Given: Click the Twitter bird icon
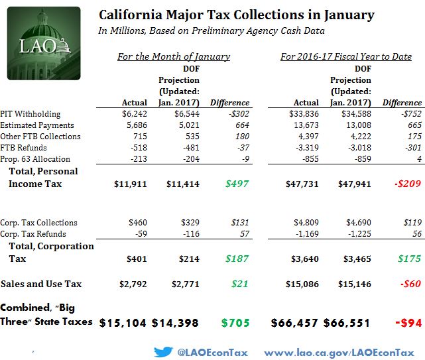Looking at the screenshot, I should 164,351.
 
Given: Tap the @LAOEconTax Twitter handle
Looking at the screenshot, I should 213,352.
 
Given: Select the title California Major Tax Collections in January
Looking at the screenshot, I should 236,15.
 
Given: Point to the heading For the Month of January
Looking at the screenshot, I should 174,56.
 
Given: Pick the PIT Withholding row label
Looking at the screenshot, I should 31,113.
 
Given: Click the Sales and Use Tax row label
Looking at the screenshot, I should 41,284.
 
